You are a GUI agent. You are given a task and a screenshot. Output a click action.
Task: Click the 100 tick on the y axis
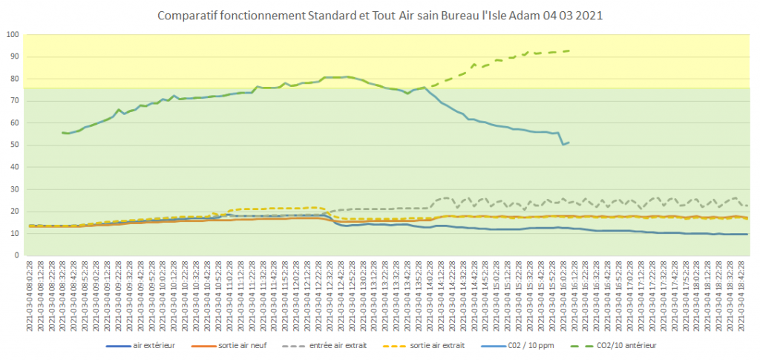point(13,35)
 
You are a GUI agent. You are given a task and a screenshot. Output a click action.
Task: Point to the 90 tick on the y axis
point(15,57)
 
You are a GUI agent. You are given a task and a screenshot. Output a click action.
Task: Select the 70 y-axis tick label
point(15,101)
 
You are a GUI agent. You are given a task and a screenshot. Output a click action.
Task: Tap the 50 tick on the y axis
point(15,145)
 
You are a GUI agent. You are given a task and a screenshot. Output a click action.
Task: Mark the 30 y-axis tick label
point(15,189)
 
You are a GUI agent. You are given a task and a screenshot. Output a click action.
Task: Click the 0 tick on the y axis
point(17,255)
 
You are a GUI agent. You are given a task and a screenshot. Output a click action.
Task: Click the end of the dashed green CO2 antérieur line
point(569,50)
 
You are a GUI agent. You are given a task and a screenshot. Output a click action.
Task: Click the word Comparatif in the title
point(187,15)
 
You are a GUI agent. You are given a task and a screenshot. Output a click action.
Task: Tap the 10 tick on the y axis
point(15,233)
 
